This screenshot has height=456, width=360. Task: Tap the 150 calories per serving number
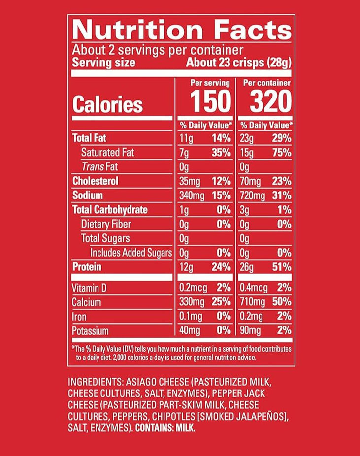[x=210, y=101]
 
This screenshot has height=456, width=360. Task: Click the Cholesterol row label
[x=95, y=181]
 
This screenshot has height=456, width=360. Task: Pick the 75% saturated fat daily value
[x=282, y=153]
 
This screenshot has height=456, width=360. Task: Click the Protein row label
[x=87, y=267]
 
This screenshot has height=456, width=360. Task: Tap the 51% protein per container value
[x=282, y=267]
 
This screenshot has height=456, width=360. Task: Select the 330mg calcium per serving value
[x=192, y=302]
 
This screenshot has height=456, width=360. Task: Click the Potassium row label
[x=90, y=331]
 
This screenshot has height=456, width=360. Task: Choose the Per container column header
[x=267, y=83]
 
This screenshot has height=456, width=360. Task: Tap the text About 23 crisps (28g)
[x=238, y=63]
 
